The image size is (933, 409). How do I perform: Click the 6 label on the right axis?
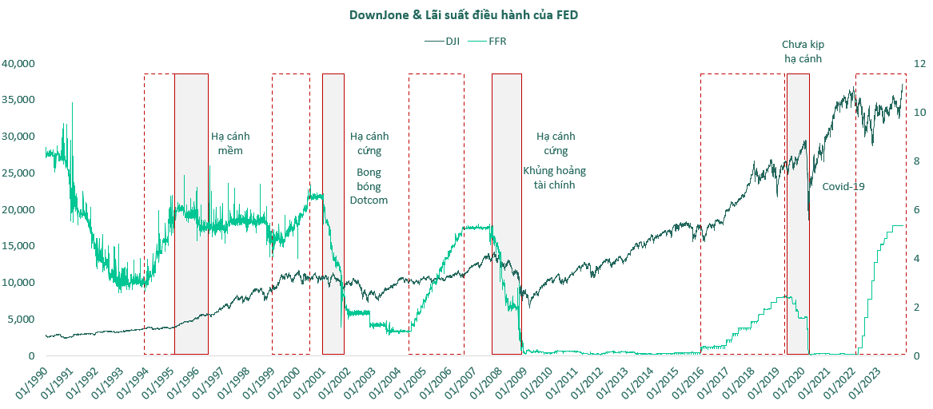coord(918,209)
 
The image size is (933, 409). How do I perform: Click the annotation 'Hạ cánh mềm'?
coord(231,143)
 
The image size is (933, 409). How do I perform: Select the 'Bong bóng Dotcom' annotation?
coord(369,186)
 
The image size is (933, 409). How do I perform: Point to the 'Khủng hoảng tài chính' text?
coord(555,178)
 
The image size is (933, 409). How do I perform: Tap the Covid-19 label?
coord(843,186)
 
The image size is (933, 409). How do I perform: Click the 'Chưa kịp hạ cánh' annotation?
coord(803,51)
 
